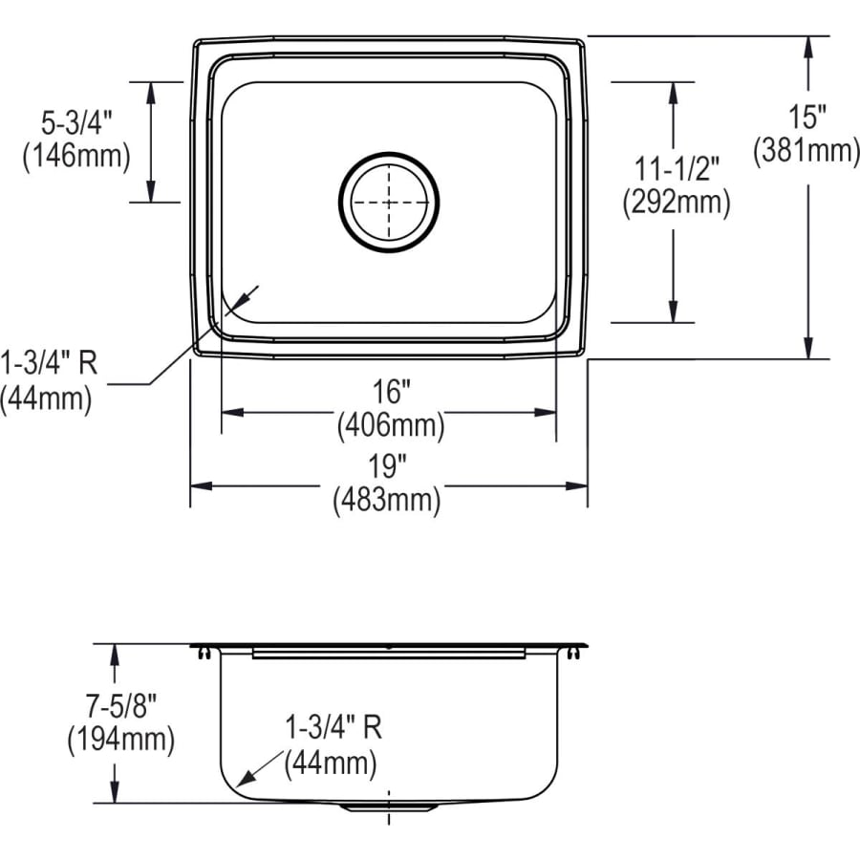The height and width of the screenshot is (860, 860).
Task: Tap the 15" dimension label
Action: (x=806, y=117)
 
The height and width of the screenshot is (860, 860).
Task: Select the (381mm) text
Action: (x=806, y=150)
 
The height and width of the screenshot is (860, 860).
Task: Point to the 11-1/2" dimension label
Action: (x=677, y=168)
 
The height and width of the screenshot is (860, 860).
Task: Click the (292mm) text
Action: (x=677, y=203)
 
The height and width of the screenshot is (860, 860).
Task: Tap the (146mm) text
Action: (x=76, y=156)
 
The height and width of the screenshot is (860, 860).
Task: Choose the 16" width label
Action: (x=391, y=392)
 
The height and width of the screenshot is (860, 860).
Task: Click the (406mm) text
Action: (x=391, y=425)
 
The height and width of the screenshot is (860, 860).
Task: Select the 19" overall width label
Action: (x=387, y=466)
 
